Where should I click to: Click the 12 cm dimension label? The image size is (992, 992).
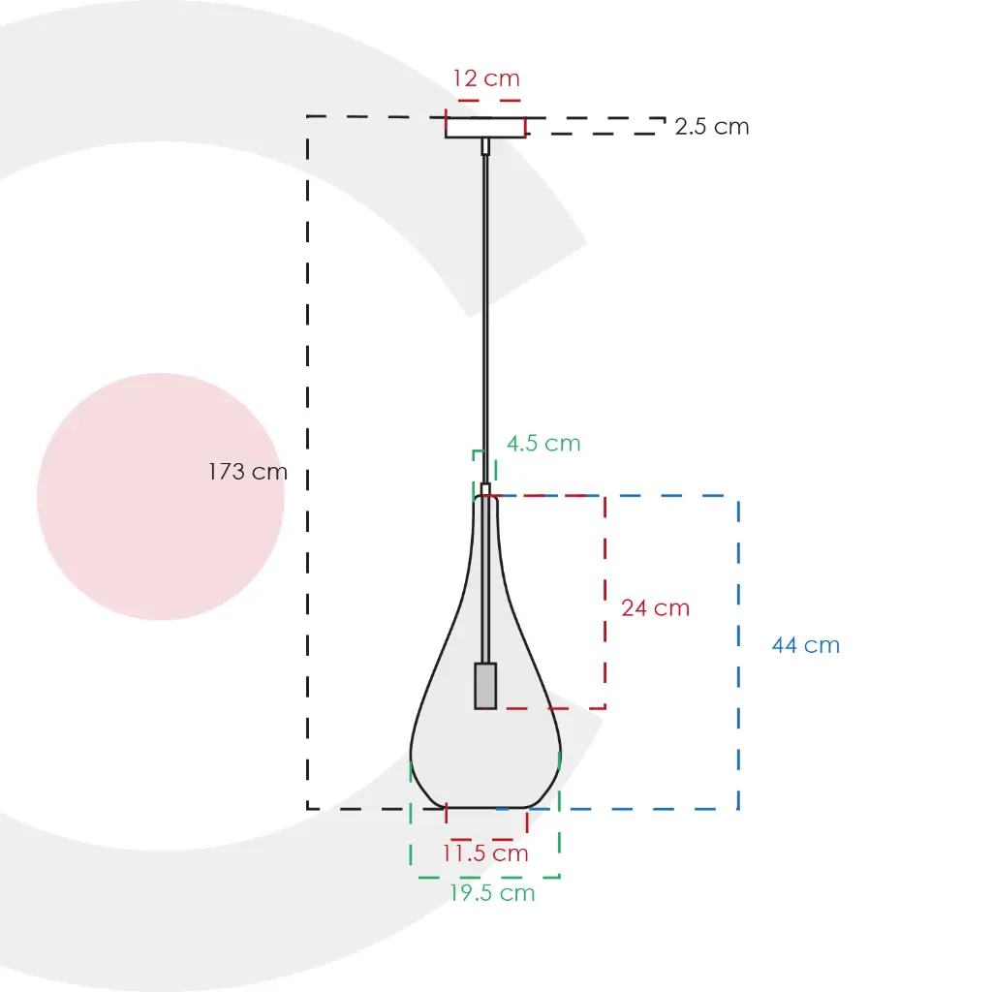click(x=486, y=78)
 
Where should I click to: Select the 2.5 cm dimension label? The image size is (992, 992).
click(x=712, y=127)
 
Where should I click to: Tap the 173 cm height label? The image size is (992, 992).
click(x=248, y=472)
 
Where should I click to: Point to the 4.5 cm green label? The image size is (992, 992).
click(x=543, y=444)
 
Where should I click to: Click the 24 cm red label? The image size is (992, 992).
click(x=656, y=608)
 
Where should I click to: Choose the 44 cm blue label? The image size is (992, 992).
click(x=806, y=645)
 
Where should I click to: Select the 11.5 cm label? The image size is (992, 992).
click(x=485, y=853)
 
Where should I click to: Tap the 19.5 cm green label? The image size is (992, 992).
click(x=492, y=893)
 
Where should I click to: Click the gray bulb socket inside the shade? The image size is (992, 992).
click(x=485, y=686)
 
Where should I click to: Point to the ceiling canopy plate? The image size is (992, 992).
click(x=485, y=127)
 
